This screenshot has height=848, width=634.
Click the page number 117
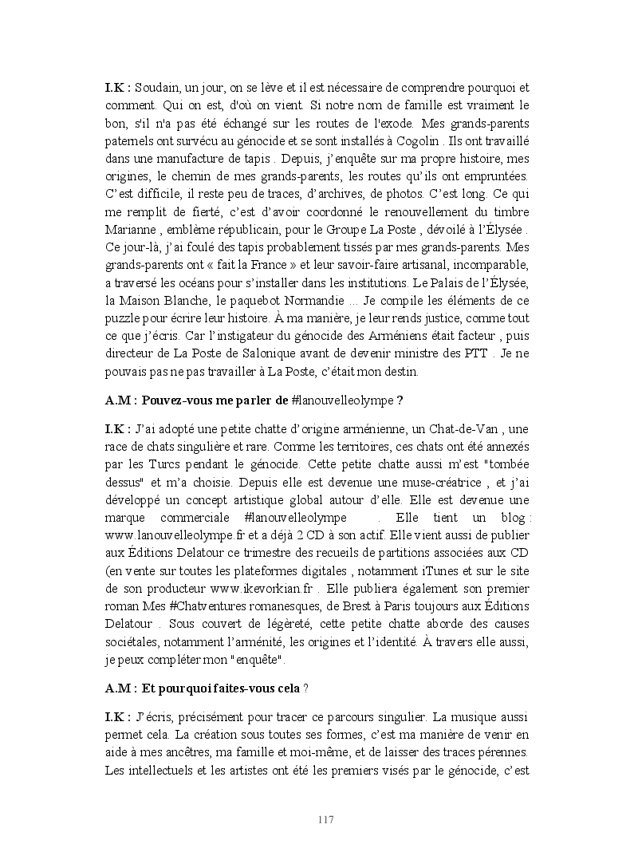pos(325,820)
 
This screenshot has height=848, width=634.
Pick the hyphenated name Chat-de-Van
pos(471,429)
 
